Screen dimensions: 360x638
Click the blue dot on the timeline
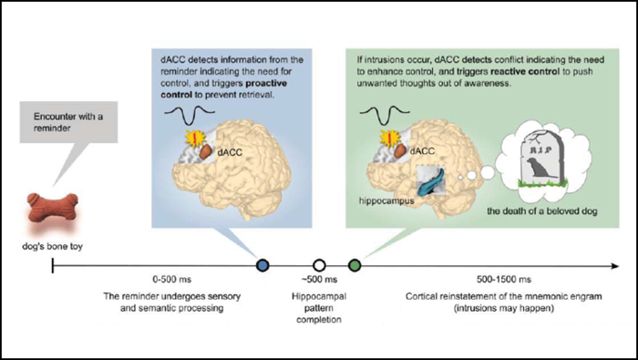263,266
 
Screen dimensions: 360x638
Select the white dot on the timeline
319,266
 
